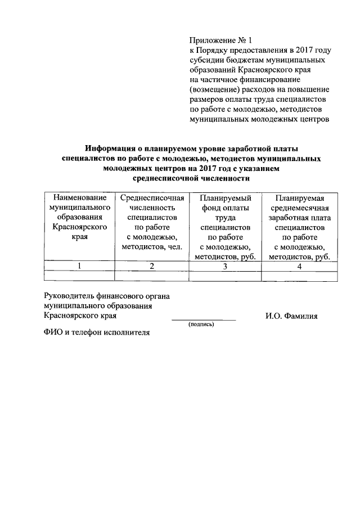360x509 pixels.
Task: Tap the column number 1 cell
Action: click(x=79, y=266)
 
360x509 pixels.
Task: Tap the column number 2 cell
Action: click(x=152, y=266)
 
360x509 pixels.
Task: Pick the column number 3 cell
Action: click(x=225, y=266)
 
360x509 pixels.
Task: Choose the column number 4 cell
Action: click(x=299, y=266)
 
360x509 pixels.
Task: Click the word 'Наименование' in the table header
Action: click(x=79, y=198)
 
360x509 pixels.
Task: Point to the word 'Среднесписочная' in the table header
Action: click(x=152, y=198)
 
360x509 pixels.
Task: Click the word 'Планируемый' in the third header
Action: click(x=225, y=198)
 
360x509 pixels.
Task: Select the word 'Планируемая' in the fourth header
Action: click(x=299, y=198)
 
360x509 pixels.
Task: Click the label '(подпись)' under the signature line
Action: click(x=202, y=325)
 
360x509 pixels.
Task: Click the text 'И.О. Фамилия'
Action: click(x=291, y=316)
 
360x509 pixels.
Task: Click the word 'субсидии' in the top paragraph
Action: click(x=206, y=60)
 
